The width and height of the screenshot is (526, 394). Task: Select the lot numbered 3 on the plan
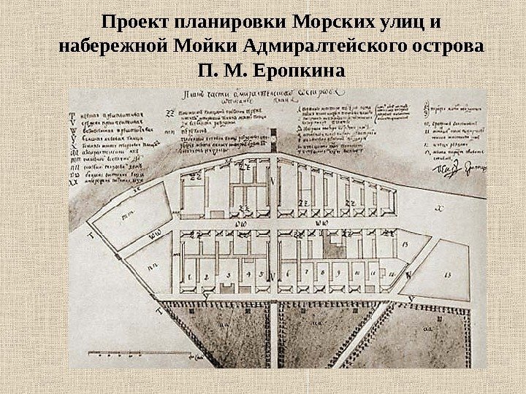pyautogui.click(x=229, y=275)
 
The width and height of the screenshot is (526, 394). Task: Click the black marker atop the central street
pyautogui.click(x=272, y=136)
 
